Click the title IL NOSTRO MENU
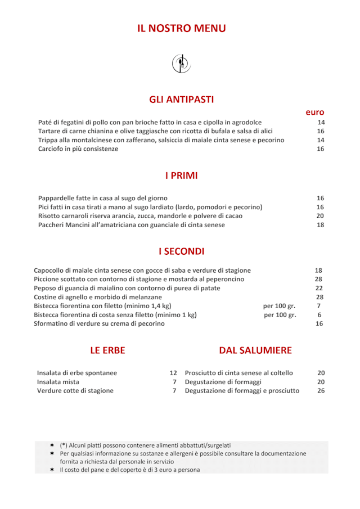click(x=181, y=29)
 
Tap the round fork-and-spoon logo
click(x=181, y=63)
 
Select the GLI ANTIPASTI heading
click(x=181, y=100)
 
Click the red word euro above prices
click(x=315, y=112)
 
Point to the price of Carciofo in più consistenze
click(x=321, y=149)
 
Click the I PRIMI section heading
click(x=181, y=175)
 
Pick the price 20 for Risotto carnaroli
click(x=320, y=216)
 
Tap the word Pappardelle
click(x=56, y=198)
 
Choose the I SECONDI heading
click(x=181, y=251)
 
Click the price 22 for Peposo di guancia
click(x=319, y=288)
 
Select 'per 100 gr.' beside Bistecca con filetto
click(x=279, y=306)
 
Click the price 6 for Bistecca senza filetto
click(x=319, y=315)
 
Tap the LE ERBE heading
click(x=107, y=350)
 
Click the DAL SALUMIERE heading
click(x=255, y=350)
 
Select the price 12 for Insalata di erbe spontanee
click(x=173, y=373)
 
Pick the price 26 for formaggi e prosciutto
click(x=321, y=391)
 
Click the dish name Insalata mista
click(x=58, y=382)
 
